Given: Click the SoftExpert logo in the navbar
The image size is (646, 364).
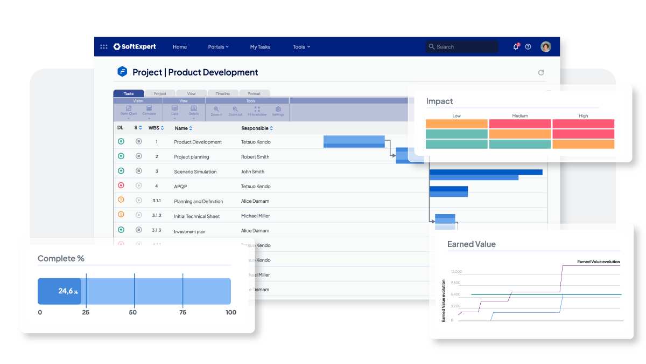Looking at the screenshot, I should click(x=135, y=47).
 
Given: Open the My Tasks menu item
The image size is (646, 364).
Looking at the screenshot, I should click(x=260, y=47).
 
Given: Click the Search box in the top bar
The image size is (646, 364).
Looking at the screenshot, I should click(x=462, y=47).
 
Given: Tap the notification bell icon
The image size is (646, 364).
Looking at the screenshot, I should click(x=516, y=47).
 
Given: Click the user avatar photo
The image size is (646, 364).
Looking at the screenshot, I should click(x=546, y=47).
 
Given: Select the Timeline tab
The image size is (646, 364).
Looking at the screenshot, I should click(x=223, y=94).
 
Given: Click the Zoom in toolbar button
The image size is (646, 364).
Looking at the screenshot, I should click(x=216, y=111).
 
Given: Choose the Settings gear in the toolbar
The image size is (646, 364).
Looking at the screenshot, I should click(x=278, y=111).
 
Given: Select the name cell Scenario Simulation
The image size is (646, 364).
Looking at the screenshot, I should click(x=195, y=171).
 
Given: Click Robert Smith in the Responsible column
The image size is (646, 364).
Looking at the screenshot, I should click(x=255, y=157).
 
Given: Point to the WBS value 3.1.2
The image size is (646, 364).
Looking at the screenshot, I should click(x=157, y=216).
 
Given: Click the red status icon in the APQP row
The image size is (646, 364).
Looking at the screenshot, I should click(x=121, y=186).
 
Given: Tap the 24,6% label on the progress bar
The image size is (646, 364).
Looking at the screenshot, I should click(x=67, y=291).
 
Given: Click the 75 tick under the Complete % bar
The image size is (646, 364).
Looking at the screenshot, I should click(x=182, y=312).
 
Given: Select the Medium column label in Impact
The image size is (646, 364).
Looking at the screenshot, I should click(x=520, y=116).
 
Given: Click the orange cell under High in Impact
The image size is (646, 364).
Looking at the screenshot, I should click(x=583, y=144).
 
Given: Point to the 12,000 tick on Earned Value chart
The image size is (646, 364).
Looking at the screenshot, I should click(x=456, y=272).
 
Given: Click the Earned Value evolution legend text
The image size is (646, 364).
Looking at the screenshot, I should click(x=598, y=262).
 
